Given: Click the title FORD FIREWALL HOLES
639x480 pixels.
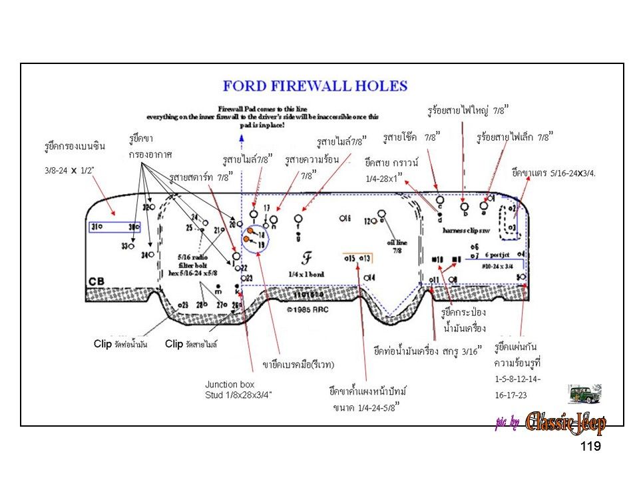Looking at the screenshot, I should click(315, 86).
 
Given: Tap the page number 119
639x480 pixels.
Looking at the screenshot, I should click(590, 446).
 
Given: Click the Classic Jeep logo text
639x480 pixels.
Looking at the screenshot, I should click(565, 423).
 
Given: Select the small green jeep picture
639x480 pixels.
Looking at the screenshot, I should click(584, 394).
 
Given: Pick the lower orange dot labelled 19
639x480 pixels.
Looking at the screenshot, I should click(247, 239).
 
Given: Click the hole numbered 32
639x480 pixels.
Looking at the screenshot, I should click(152, 207).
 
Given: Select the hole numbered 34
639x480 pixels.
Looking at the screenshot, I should click(152, 255).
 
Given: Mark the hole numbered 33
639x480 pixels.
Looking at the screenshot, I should click(131, 246).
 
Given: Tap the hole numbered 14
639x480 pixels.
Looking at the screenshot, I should click(365, 277).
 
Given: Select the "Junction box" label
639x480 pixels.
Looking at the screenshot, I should click(229, 385).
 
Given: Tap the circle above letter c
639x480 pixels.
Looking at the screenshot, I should click(439, 199).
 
